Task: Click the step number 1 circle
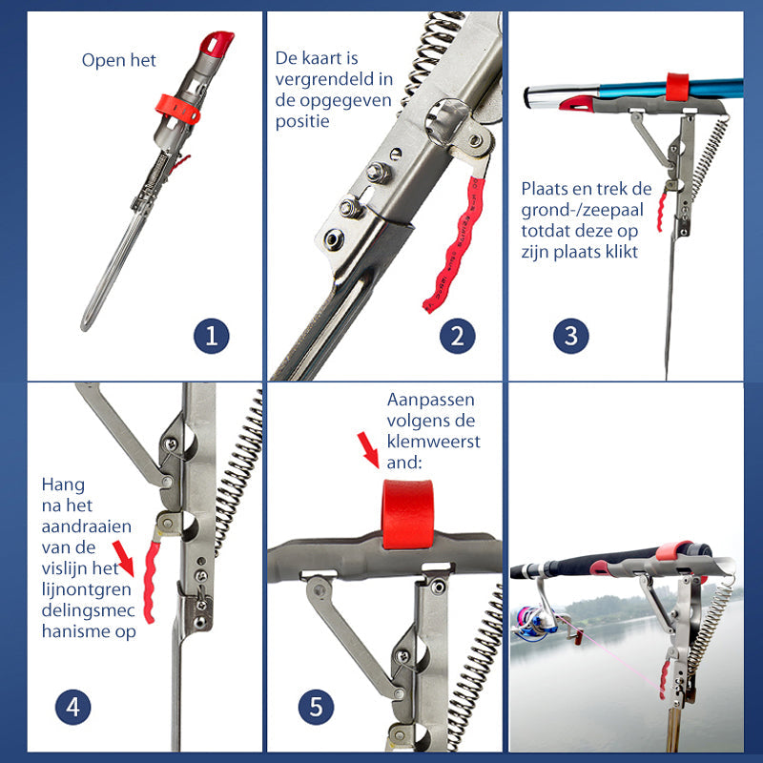click(x=211, y=336)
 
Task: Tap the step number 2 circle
click(x=458, y=336)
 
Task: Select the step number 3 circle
click(x=570, y=336)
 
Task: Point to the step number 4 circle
click(x=73, y=707)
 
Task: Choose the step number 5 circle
click(x=316, y=707)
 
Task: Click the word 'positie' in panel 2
click(x=302, y=121)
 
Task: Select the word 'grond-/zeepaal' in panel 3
click(x=582, y=210)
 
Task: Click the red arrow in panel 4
click(x=123, y=559)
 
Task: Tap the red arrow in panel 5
click(x=368, y=450)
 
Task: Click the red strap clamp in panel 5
click(x=407, y=514)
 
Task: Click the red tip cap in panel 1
click(x=217, y=43)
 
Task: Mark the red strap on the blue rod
click(x=677, y=88)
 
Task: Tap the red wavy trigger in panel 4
click(x=151, y=583)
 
